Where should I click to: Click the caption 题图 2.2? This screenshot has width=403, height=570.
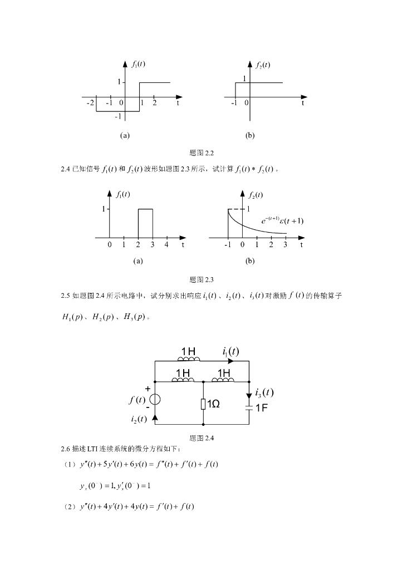tap(202, 153)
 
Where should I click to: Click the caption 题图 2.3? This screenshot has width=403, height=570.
tap(202, 279)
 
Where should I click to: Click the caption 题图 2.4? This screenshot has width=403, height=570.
tap(202, 438)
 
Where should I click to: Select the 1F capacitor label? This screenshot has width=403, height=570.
tap(262, 408)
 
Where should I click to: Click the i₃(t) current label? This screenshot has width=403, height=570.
tap(263, 392)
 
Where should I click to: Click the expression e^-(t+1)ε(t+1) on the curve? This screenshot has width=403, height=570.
tap(282, 221)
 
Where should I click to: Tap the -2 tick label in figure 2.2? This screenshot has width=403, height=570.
tap(90, 103)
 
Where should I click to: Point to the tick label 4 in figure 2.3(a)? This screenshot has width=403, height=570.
tap(166, 244)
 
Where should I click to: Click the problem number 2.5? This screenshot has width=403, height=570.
tap(65, 296)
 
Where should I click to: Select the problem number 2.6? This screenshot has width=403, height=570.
tap(65, 449)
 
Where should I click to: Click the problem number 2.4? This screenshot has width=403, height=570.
tap(65, 169)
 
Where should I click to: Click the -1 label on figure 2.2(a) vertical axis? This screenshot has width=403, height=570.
tap(118, 116)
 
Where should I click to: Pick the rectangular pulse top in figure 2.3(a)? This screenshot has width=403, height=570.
tap(145, 209)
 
